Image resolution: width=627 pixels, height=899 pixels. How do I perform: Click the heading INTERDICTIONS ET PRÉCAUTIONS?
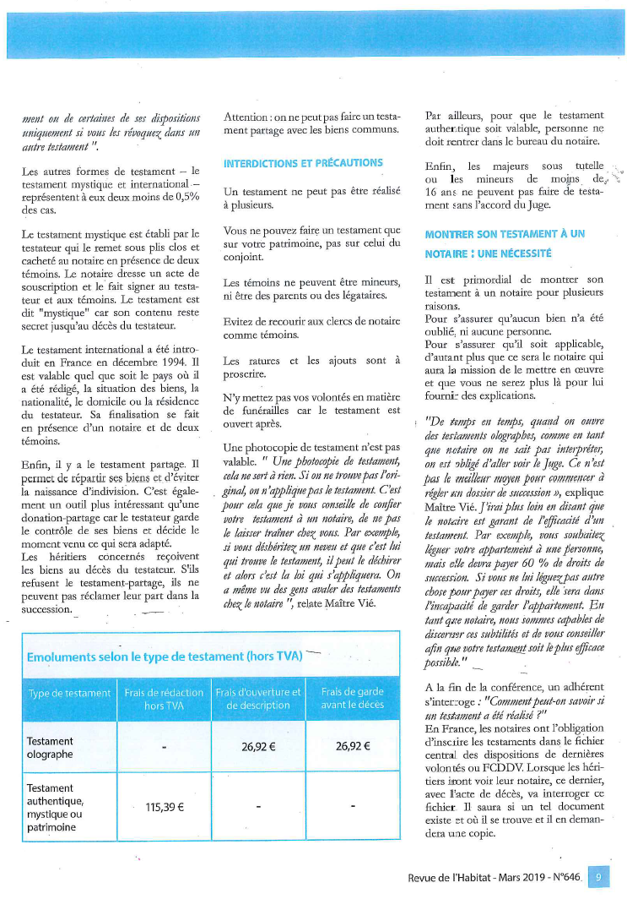click(x=303, y=163)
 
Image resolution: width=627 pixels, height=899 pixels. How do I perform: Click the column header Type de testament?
click(x=69, y=693)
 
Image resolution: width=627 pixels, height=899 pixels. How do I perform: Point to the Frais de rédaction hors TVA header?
click(x=164, y=699)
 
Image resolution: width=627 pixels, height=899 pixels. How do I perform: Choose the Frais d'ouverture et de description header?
click(x=258, y=699)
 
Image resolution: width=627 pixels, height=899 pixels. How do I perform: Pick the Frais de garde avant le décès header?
click(x=353, y=699)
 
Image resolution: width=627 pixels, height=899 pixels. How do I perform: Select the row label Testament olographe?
click(x=51, y=748)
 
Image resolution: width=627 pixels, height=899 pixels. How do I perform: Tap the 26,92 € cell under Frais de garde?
click(x=353, y=747)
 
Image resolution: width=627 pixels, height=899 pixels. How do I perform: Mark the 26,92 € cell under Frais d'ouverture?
click(x=259, y=747)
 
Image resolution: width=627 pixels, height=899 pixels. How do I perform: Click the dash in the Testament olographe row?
click(x=165, y=748)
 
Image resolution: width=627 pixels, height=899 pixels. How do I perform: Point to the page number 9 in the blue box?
click(x=597, y=878)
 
